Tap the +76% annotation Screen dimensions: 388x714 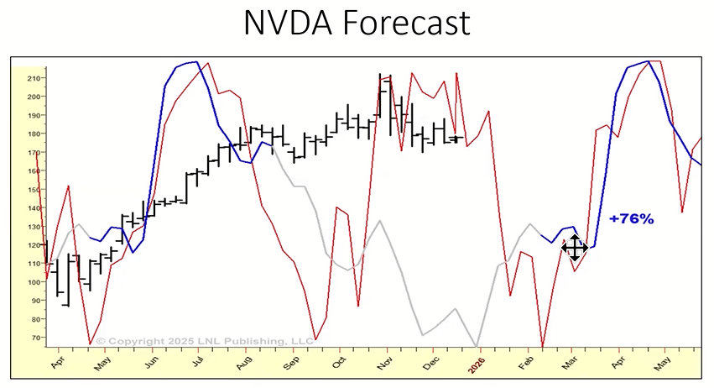(x=632, y=219)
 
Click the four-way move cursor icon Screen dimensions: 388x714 (x=575, y=248)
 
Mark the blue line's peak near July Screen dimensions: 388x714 (x=195, y=61)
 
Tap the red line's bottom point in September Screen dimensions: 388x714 (x=315, y=338)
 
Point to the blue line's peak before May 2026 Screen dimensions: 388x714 (x=648, y=61)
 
